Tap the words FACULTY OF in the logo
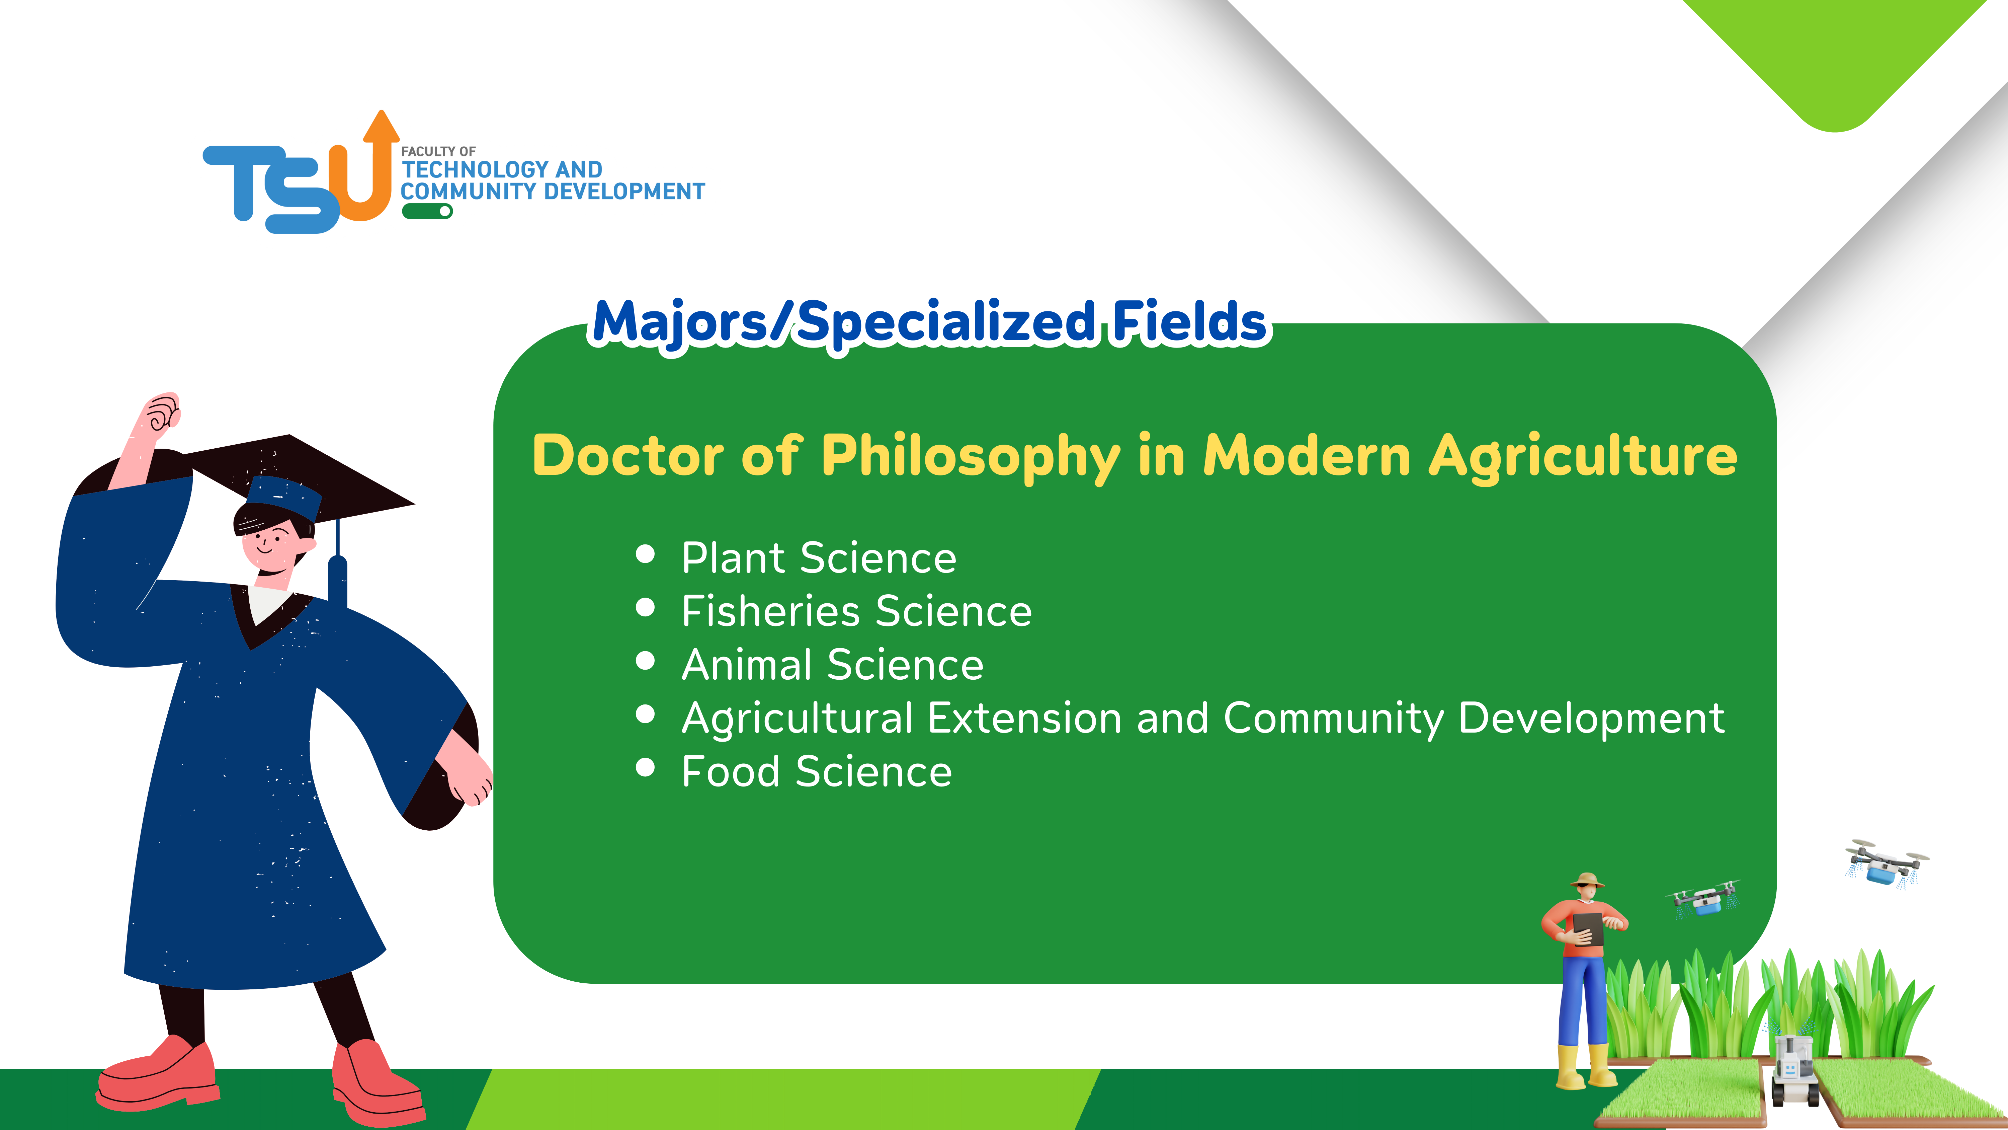click(438, 151)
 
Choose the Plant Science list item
click(819, 557)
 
